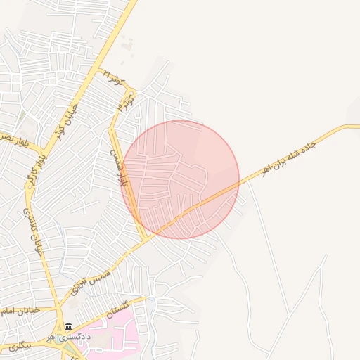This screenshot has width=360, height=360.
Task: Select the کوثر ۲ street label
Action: click(x=112, y=78)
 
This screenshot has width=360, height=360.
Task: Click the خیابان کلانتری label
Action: click(x=37, y=232)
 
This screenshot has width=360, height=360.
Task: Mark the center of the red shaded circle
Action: click(x=180, y=179)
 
